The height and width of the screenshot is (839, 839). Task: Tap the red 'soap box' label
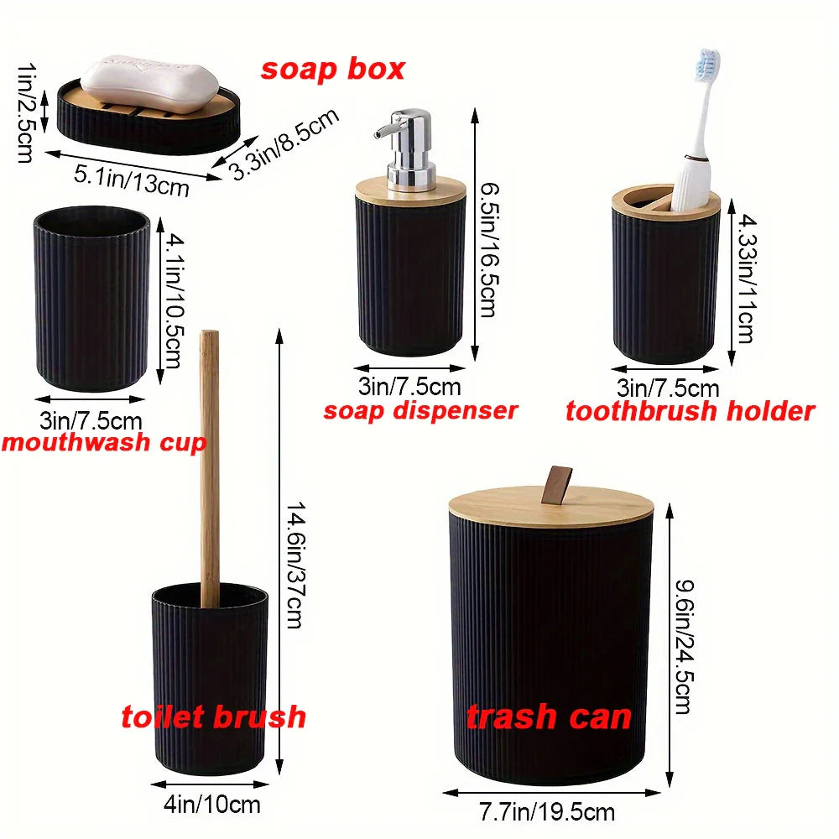pyautogui.click(x=332, y=70)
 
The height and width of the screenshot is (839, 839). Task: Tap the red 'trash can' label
pyautogui.click(x=549, y=717)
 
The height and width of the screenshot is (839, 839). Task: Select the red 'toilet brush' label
pyautogui.click(x=213, y=717)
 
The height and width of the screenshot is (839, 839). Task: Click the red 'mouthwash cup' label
pyautogui.click(x=102, y=443)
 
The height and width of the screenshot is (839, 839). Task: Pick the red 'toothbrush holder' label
pyautogui.click(x=690, y=411)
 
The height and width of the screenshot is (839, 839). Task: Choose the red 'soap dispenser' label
pyautogui.click(x=420, y=411)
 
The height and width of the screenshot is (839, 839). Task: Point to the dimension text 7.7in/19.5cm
pyautogui.click(x=546, y=812)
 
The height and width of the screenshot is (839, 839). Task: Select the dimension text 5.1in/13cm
pyautogui.click(x=132, y=180)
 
